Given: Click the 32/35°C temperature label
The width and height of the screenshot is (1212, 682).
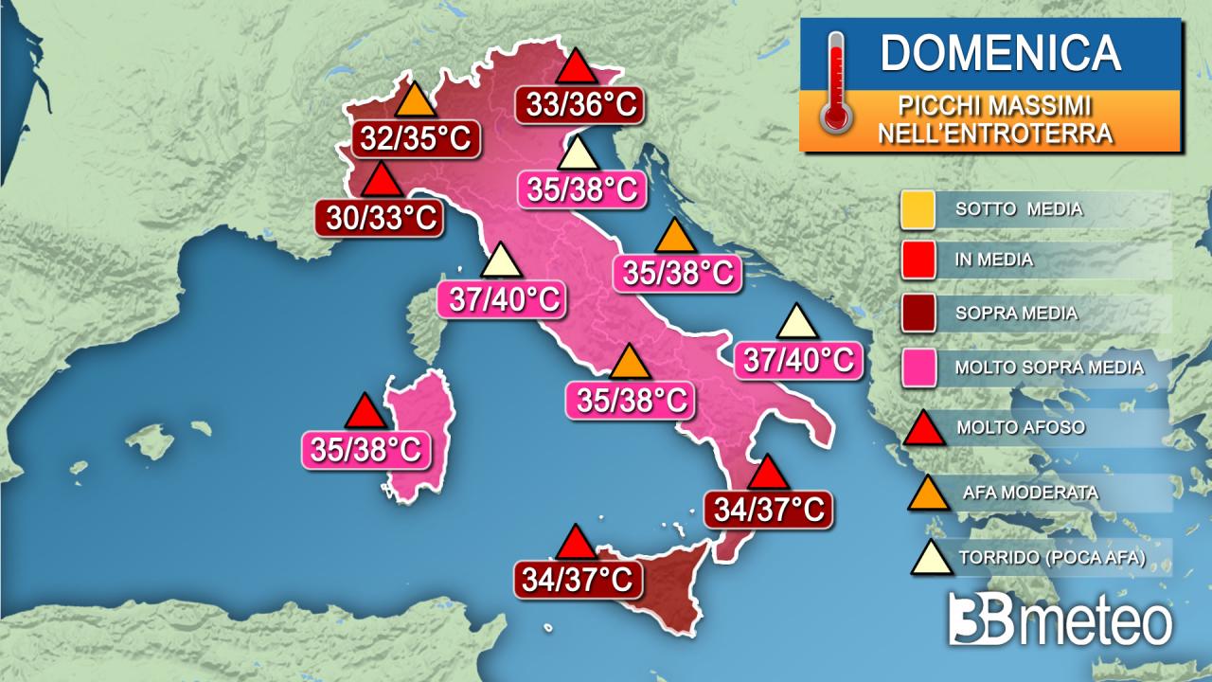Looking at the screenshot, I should [x=416, y=138].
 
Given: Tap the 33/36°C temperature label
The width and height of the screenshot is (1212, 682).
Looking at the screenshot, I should [x=579, y=103].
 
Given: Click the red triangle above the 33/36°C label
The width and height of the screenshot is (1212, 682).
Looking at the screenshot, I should [x=574, y=68].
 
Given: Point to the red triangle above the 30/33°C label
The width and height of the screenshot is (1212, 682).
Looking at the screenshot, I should [x=380, y=180].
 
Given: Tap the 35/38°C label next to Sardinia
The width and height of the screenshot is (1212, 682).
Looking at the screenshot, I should [x=365, y=449].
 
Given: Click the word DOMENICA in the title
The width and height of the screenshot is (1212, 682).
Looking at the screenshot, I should [x=1000, y=53].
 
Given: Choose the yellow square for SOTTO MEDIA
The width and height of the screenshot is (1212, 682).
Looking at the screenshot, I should [x=918, y=209].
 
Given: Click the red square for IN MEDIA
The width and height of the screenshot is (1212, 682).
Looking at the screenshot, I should [x=918, y=260].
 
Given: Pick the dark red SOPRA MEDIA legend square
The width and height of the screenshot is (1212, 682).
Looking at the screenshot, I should [x=918, y=313].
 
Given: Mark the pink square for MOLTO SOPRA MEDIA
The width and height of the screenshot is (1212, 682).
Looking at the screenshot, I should [x=918, y=367].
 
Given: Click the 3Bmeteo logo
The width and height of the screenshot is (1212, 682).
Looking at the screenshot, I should [x=1060, y=621].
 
